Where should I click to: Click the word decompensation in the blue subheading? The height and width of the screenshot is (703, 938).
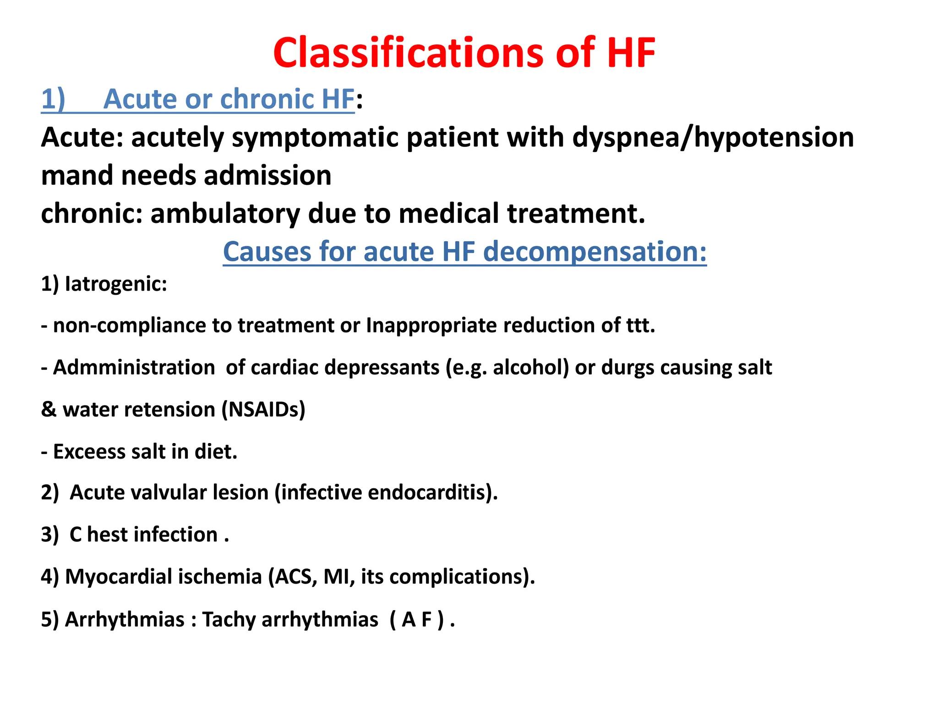pyautogui.click(x=594, y=252)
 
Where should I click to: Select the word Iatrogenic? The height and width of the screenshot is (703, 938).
pyautogui.click(x=115, y=284)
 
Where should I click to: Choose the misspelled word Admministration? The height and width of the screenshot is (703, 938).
pyautogui.click(x=134, y=368)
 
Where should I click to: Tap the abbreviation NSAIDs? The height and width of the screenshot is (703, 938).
pyautogui.click(x=264, y=410)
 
